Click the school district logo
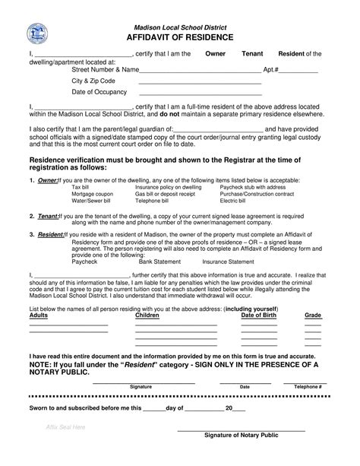(36, 33)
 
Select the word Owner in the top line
(216, 55)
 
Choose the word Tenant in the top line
(252, 55)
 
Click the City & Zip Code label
(93, 81)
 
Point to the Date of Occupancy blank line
(199, 93)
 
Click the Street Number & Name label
(106, 69)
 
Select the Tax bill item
(80, 187)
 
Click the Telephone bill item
(152, 201)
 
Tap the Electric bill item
(232, 201)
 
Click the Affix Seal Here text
(65, 427)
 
